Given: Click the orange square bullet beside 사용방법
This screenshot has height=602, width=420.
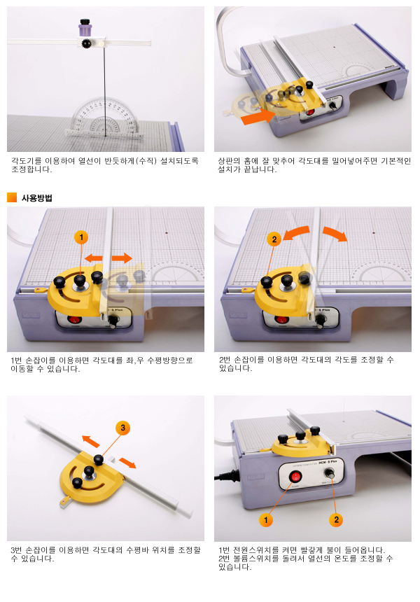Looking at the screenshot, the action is (12, 197).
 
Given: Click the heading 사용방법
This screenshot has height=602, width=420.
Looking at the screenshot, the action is (37, 198).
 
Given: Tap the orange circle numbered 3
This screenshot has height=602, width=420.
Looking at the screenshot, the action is (123, 428).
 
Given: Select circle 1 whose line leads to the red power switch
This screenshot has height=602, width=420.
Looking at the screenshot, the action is (266, 520).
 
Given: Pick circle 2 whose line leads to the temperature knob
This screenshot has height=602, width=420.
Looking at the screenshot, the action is (336, 519).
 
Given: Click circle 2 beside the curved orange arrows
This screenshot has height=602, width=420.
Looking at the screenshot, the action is (274, 239).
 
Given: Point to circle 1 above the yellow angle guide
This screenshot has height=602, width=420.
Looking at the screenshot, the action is (81, 237).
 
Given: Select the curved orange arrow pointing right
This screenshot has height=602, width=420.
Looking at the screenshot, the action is (335, 234).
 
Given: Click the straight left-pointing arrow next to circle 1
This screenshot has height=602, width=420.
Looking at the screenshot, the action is (93, 258).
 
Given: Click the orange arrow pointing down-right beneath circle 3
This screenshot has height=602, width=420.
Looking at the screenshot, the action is (127, 463).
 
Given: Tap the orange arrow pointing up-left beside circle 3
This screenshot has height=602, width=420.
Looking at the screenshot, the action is (90, 441).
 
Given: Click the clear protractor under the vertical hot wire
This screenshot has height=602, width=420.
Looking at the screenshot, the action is (105, 118).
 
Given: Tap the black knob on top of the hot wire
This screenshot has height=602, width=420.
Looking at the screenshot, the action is (85, 22).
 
